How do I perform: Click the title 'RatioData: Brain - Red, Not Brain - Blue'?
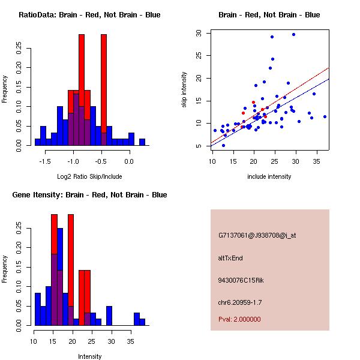click(89, 15)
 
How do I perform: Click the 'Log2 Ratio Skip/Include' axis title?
click(89, 176)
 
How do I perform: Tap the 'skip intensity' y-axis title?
click(185, 90)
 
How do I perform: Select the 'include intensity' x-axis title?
click(269, 176)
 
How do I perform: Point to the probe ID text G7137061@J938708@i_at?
click(257, 235)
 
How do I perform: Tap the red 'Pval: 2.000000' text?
click(239, 319)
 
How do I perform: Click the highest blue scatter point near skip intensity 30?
click(293, 34)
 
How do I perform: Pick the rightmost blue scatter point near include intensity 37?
click(325, 116)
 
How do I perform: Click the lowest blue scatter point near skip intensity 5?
click(223, 145)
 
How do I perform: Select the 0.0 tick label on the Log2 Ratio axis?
click(128, 161)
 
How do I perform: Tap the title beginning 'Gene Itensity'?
click(89, 195)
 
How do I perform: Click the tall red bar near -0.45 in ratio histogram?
click(104, 84)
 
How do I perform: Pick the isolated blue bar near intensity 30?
click(109, 316)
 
